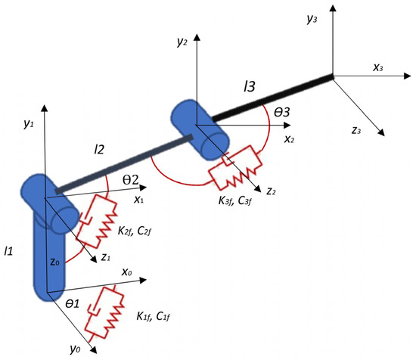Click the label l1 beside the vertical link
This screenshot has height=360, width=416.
pyautogui.click(x=10, y=250)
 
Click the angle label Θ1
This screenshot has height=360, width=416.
pyautogui.click(x=73, y=303)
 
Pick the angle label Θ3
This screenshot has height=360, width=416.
pyautogui.click(x=283, y=112)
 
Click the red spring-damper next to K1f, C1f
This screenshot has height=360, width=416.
pyautogui.click(x=103, y=314)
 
